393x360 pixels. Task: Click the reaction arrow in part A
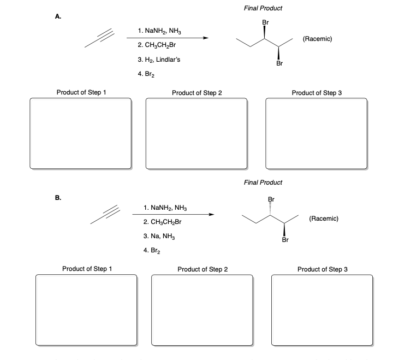(167, 38)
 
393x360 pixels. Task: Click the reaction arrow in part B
(172, 215)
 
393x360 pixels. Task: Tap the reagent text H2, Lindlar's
(152, 59)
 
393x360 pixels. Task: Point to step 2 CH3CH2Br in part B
(161, 222)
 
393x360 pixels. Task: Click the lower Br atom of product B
(285, 239)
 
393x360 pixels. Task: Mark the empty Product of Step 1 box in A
(81, 134)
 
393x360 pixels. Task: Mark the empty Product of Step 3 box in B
(322, 310)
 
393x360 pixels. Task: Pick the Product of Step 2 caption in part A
(196, 93)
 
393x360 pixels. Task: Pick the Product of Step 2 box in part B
(202, 310)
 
